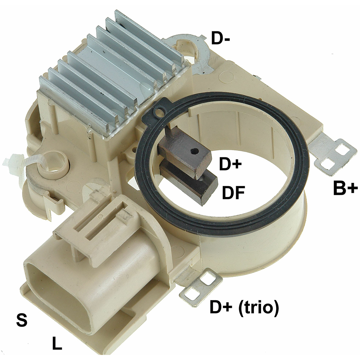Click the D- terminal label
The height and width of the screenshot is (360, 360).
coord(220,38)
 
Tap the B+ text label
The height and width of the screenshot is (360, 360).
coord(345,188)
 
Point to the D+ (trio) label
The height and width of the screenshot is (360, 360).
coord(244,307)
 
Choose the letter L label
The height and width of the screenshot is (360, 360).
coord(57,343)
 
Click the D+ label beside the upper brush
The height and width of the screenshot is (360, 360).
coord(230,164)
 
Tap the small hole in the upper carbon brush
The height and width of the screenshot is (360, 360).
coord(195,151)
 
